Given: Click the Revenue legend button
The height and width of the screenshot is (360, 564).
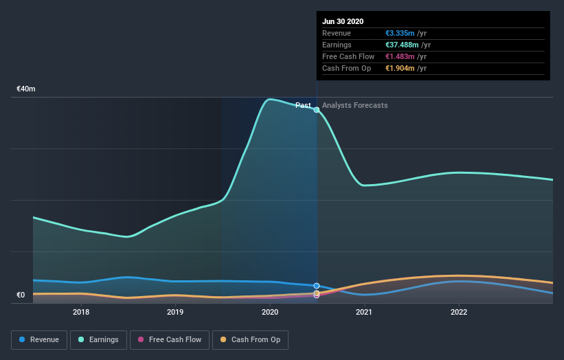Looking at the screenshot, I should tap(40, 339).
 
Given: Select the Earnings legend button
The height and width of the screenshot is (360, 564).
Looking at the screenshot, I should tap(98, 339).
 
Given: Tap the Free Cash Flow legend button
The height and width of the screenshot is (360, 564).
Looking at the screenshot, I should tap(169, 339).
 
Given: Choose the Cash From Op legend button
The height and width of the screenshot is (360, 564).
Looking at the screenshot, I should tap(250, 339).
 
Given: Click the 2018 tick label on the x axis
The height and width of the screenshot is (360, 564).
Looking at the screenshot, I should tap(81, 312).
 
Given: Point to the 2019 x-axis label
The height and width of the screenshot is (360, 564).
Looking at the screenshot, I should tap(175, 312).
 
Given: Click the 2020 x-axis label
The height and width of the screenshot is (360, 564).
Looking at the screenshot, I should tap(270, 312).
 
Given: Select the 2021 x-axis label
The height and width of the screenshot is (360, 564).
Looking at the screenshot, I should tap(364, 312).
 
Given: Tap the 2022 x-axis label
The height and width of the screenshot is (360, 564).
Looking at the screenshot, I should tap(459, 312).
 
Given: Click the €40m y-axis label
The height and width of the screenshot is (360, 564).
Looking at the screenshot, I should tap(26, 89).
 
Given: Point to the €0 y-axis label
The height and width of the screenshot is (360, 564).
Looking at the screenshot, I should tap(21, 295).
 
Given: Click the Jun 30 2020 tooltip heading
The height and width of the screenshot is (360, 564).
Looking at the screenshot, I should tap(343, 21).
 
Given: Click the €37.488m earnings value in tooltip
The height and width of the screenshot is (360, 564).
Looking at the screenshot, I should tap(404, 45).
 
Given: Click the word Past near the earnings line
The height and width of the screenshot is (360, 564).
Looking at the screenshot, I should tap(303, 106).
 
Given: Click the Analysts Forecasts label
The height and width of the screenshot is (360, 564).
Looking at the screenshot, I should tap(354, 106).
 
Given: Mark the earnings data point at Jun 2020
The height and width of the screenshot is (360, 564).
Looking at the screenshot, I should tap(317, 110).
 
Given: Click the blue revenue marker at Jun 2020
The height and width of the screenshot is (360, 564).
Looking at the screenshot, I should tap(317, 286).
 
